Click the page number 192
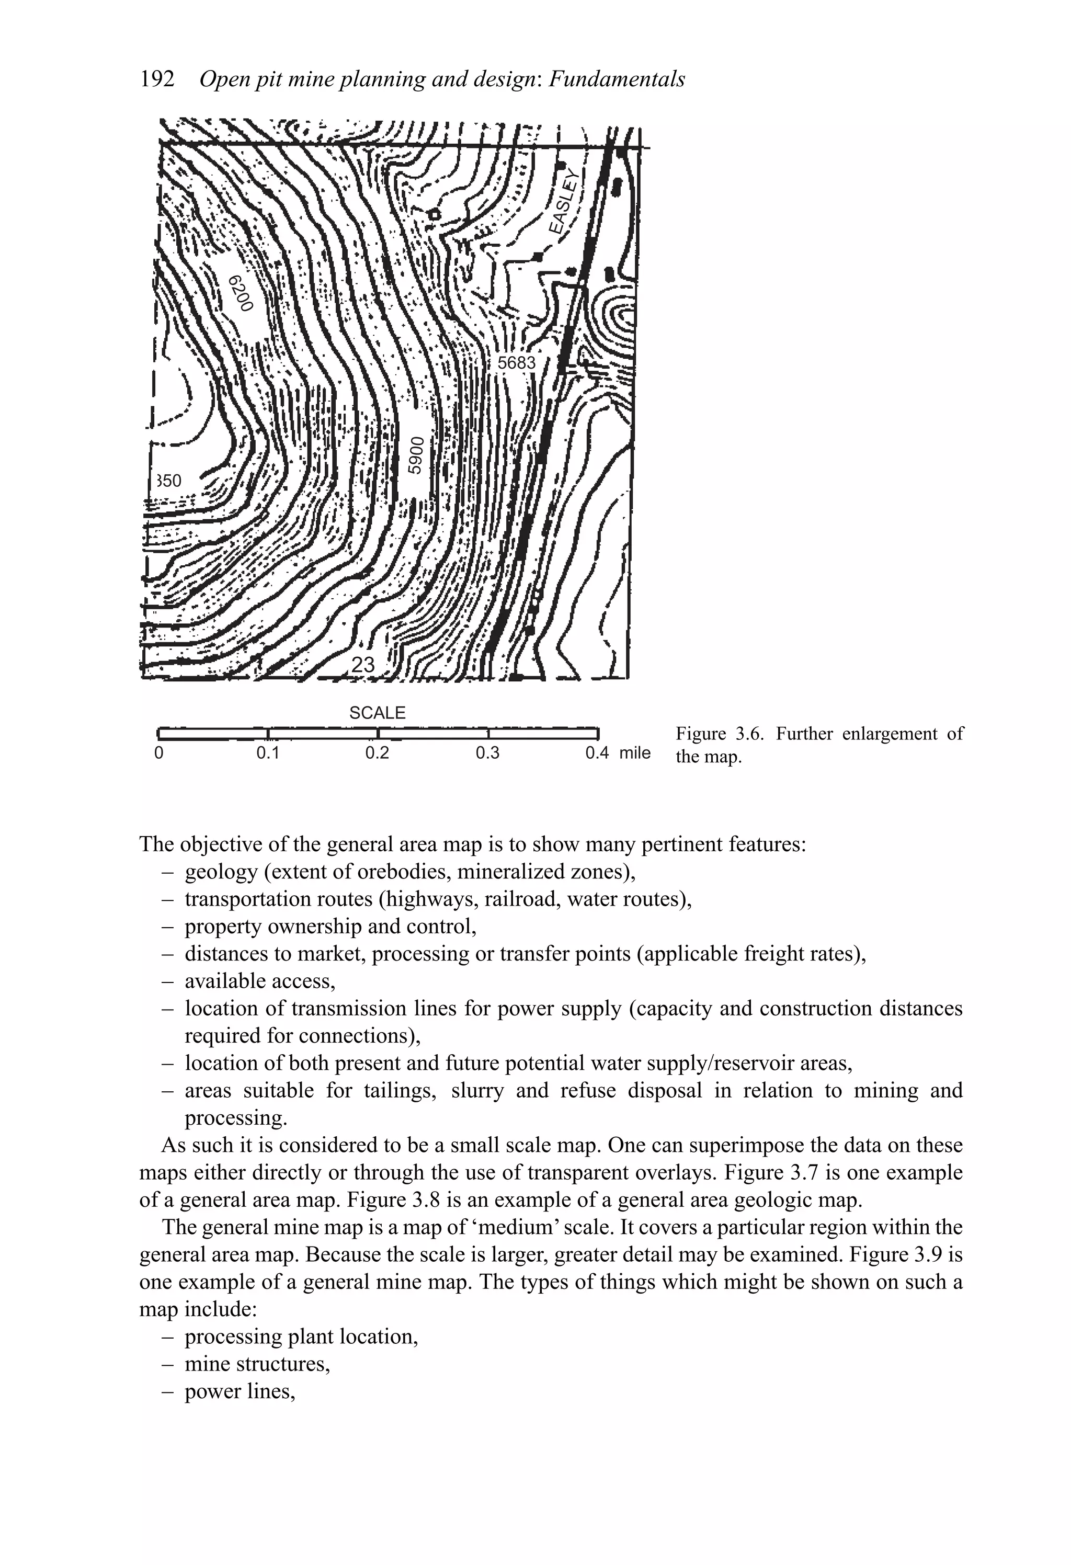[x=157, y=79]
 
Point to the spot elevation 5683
[x=517, y=363]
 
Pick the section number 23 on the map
[x=363, y=665]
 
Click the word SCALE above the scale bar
[x=377, y=713]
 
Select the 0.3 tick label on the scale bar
[x=487, y=753]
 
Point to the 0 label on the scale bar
[x=159, y=753]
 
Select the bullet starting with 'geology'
[x=409, y=872]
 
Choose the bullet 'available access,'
[x=259, y=981]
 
